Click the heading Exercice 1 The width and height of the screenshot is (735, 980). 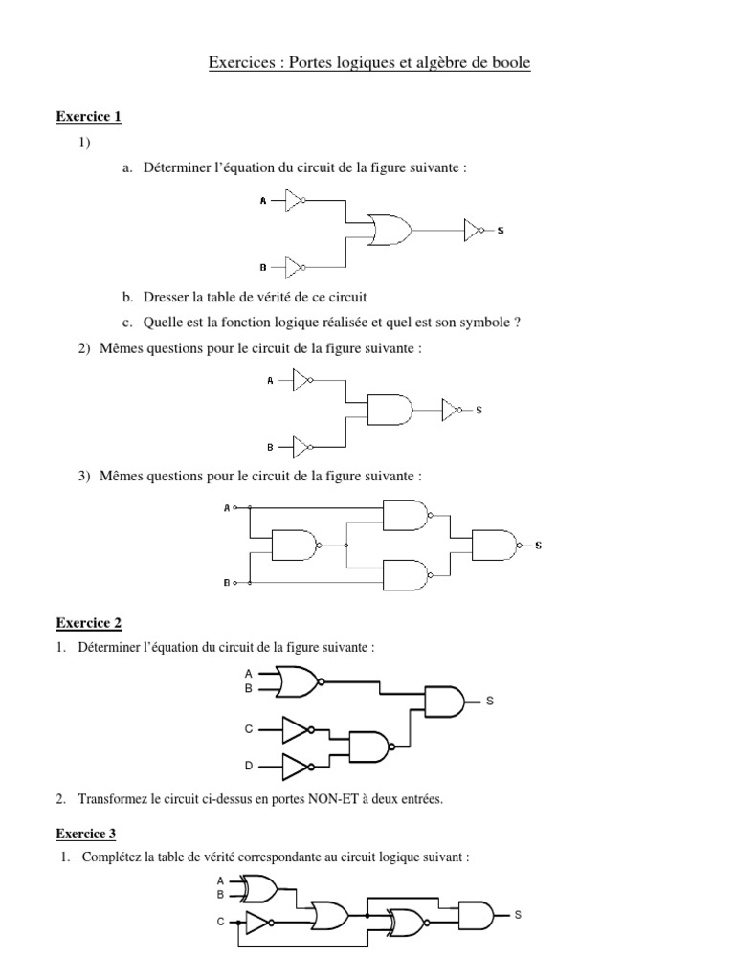[89, 117]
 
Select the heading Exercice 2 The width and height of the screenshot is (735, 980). [89, 623]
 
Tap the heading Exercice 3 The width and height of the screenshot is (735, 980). [89, 834]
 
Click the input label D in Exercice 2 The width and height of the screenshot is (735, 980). [249, 767]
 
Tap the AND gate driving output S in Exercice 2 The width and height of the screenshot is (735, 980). [445, 701]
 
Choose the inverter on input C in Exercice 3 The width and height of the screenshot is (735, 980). [259, 923]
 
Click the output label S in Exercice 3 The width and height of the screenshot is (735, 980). [518, 915]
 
